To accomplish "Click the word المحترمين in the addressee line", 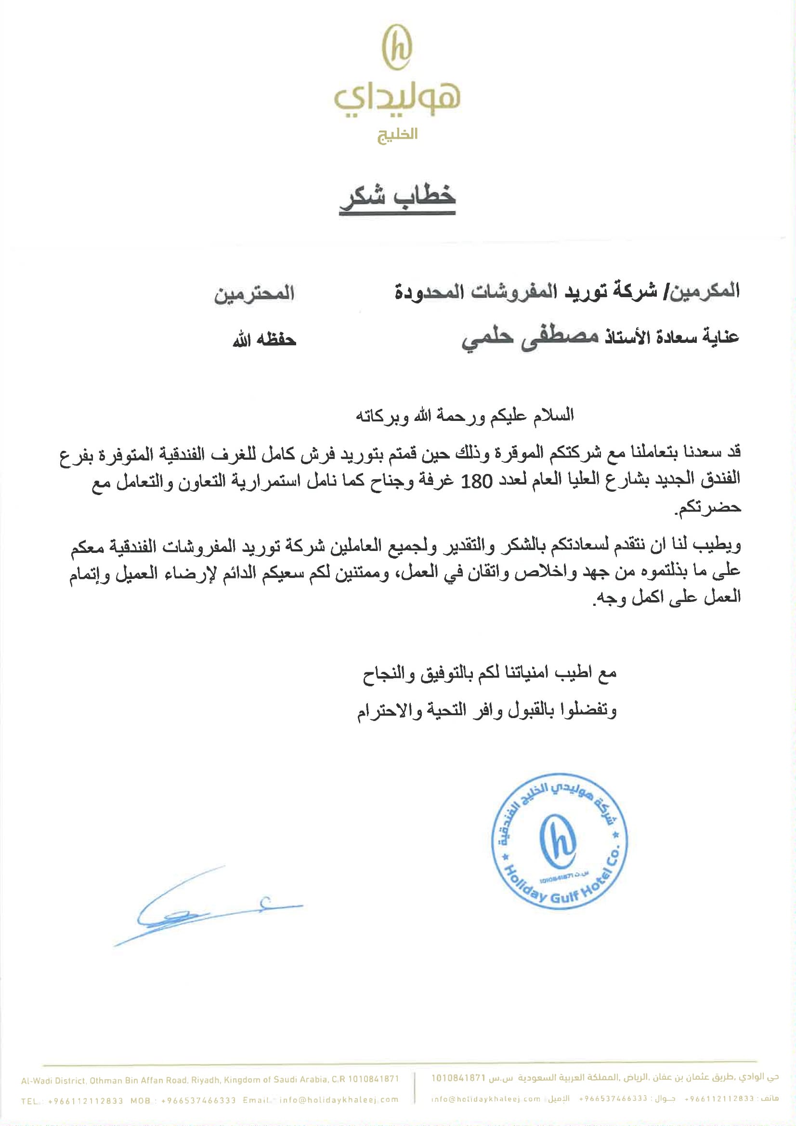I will [254, 295].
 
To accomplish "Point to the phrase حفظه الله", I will [264, 340].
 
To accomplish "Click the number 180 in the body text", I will [477, 482].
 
